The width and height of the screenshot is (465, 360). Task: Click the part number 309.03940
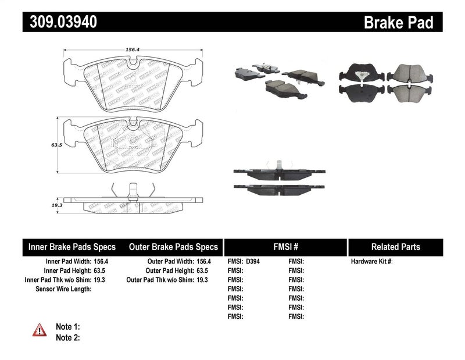tap(60, 22)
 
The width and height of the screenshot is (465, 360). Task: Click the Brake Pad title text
tap(398, 23)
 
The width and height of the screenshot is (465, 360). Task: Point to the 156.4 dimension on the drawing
tap(133, 49)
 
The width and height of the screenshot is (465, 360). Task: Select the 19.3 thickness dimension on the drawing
tap(56, 206)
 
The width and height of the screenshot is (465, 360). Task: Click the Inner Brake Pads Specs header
tap(72, 247)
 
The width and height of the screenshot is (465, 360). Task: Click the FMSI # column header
tap(285, 247)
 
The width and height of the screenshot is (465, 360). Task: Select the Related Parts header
tap(395, 247)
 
